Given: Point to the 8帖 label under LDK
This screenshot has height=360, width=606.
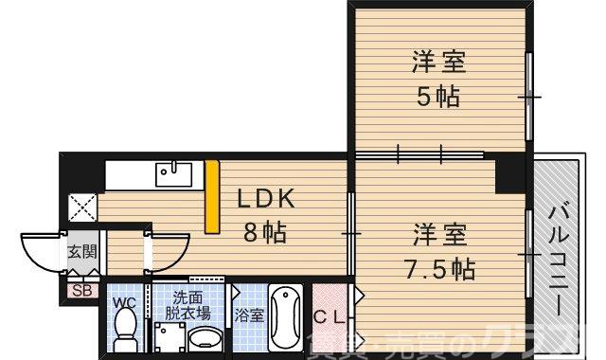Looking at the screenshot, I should tap(265, 231).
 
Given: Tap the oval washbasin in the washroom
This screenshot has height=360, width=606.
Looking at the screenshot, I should tap(205, 338).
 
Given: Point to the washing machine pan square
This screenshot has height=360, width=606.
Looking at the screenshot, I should tap(169, 336).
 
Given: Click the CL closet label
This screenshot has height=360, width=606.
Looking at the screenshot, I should tap(331, 314).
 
